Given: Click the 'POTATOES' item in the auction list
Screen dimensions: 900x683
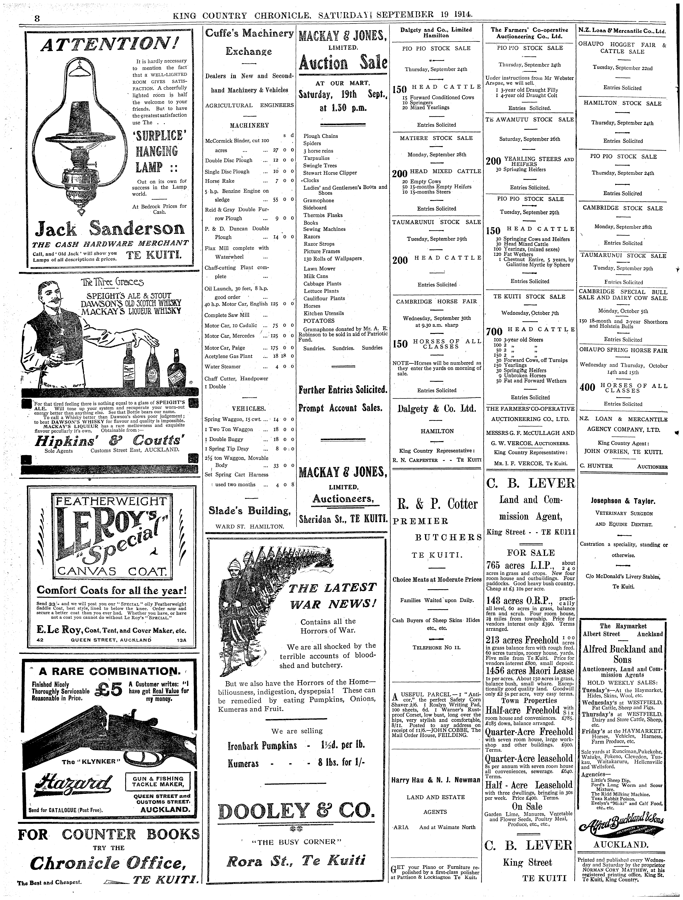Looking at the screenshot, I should click(x=319, y=321).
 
